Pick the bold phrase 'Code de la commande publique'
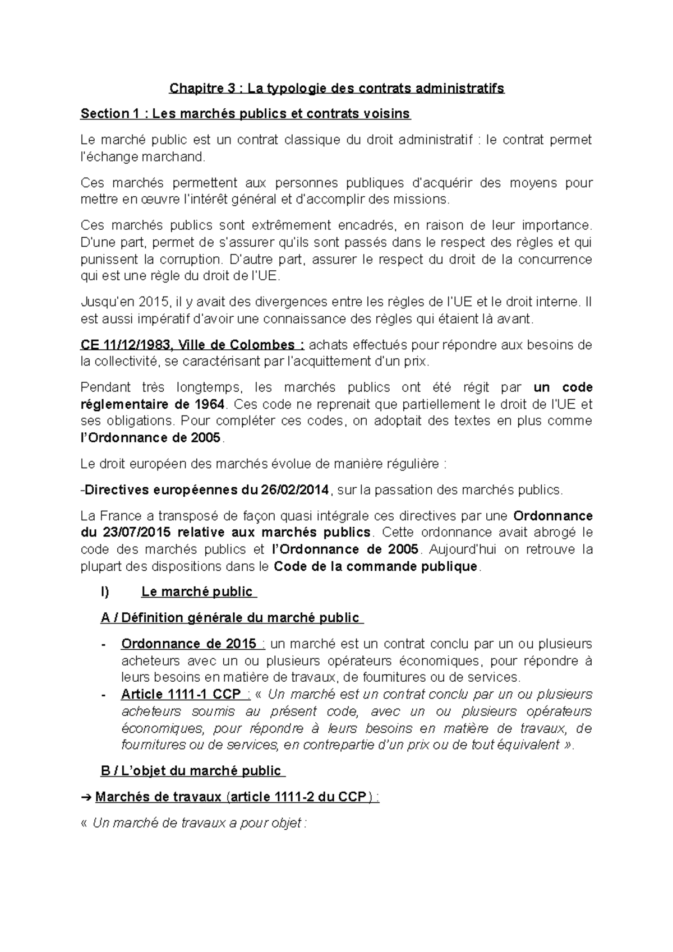376,566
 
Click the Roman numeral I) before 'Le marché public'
104,591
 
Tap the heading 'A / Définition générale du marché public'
230,618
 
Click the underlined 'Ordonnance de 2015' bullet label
189,644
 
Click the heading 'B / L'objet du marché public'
191,771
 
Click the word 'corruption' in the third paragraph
188,260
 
